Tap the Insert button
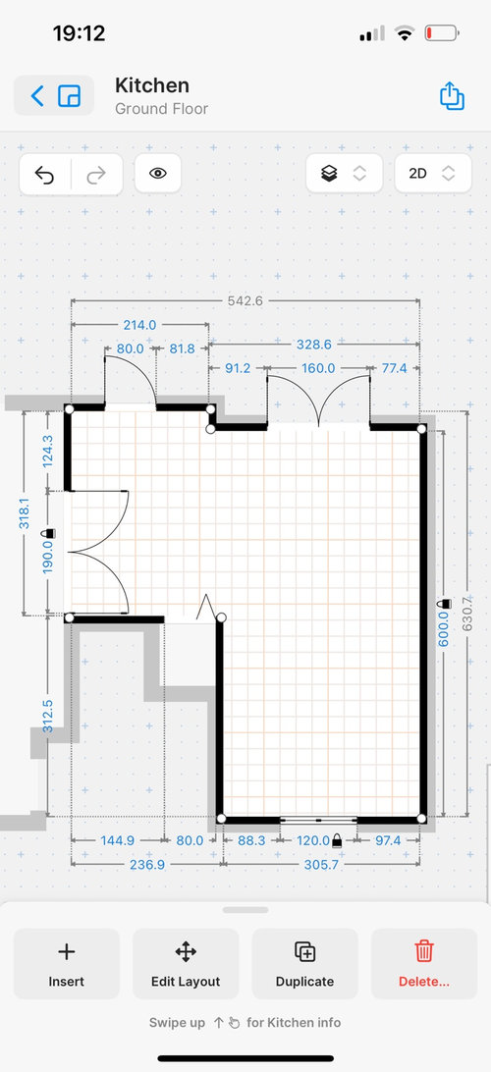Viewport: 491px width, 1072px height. pos(67,964)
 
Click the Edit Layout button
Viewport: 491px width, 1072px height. pos(186,964)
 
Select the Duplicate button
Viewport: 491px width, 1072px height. pos(305,964)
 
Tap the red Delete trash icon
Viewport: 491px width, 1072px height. pos(424,951)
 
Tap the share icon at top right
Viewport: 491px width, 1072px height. pos(452,96)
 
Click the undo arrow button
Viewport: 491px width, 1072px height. pos(44,175)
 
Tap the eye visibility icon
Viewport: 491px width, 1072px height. pos(158,174)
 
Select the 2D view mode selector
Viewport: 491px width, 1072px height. pos(433,174)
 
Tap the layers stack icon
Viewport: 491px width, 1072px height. pos(329,174)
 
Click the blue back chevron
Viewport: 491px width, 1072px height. pos(37,96)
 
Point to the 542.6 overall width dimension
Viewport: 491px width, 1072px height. pos(245,300)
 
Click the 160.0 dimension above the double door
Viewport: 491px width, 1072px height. pos(318,368)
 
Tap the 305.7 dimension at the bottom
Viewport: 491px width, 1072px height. pos(321,864)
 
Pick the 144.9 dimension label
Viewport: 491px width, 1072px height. pos(118,841)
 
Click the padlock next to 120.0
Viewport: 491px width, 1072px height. pos(337,841)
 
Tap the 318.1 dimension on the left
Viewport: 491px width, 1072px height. pos(24,512)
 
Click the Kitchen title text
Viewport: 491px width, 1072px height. pos(152,85)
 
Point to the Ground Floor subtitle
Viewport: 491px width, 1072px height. pos(161,109)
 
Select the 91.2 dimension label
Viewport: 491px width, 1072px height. pos(238,368)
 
